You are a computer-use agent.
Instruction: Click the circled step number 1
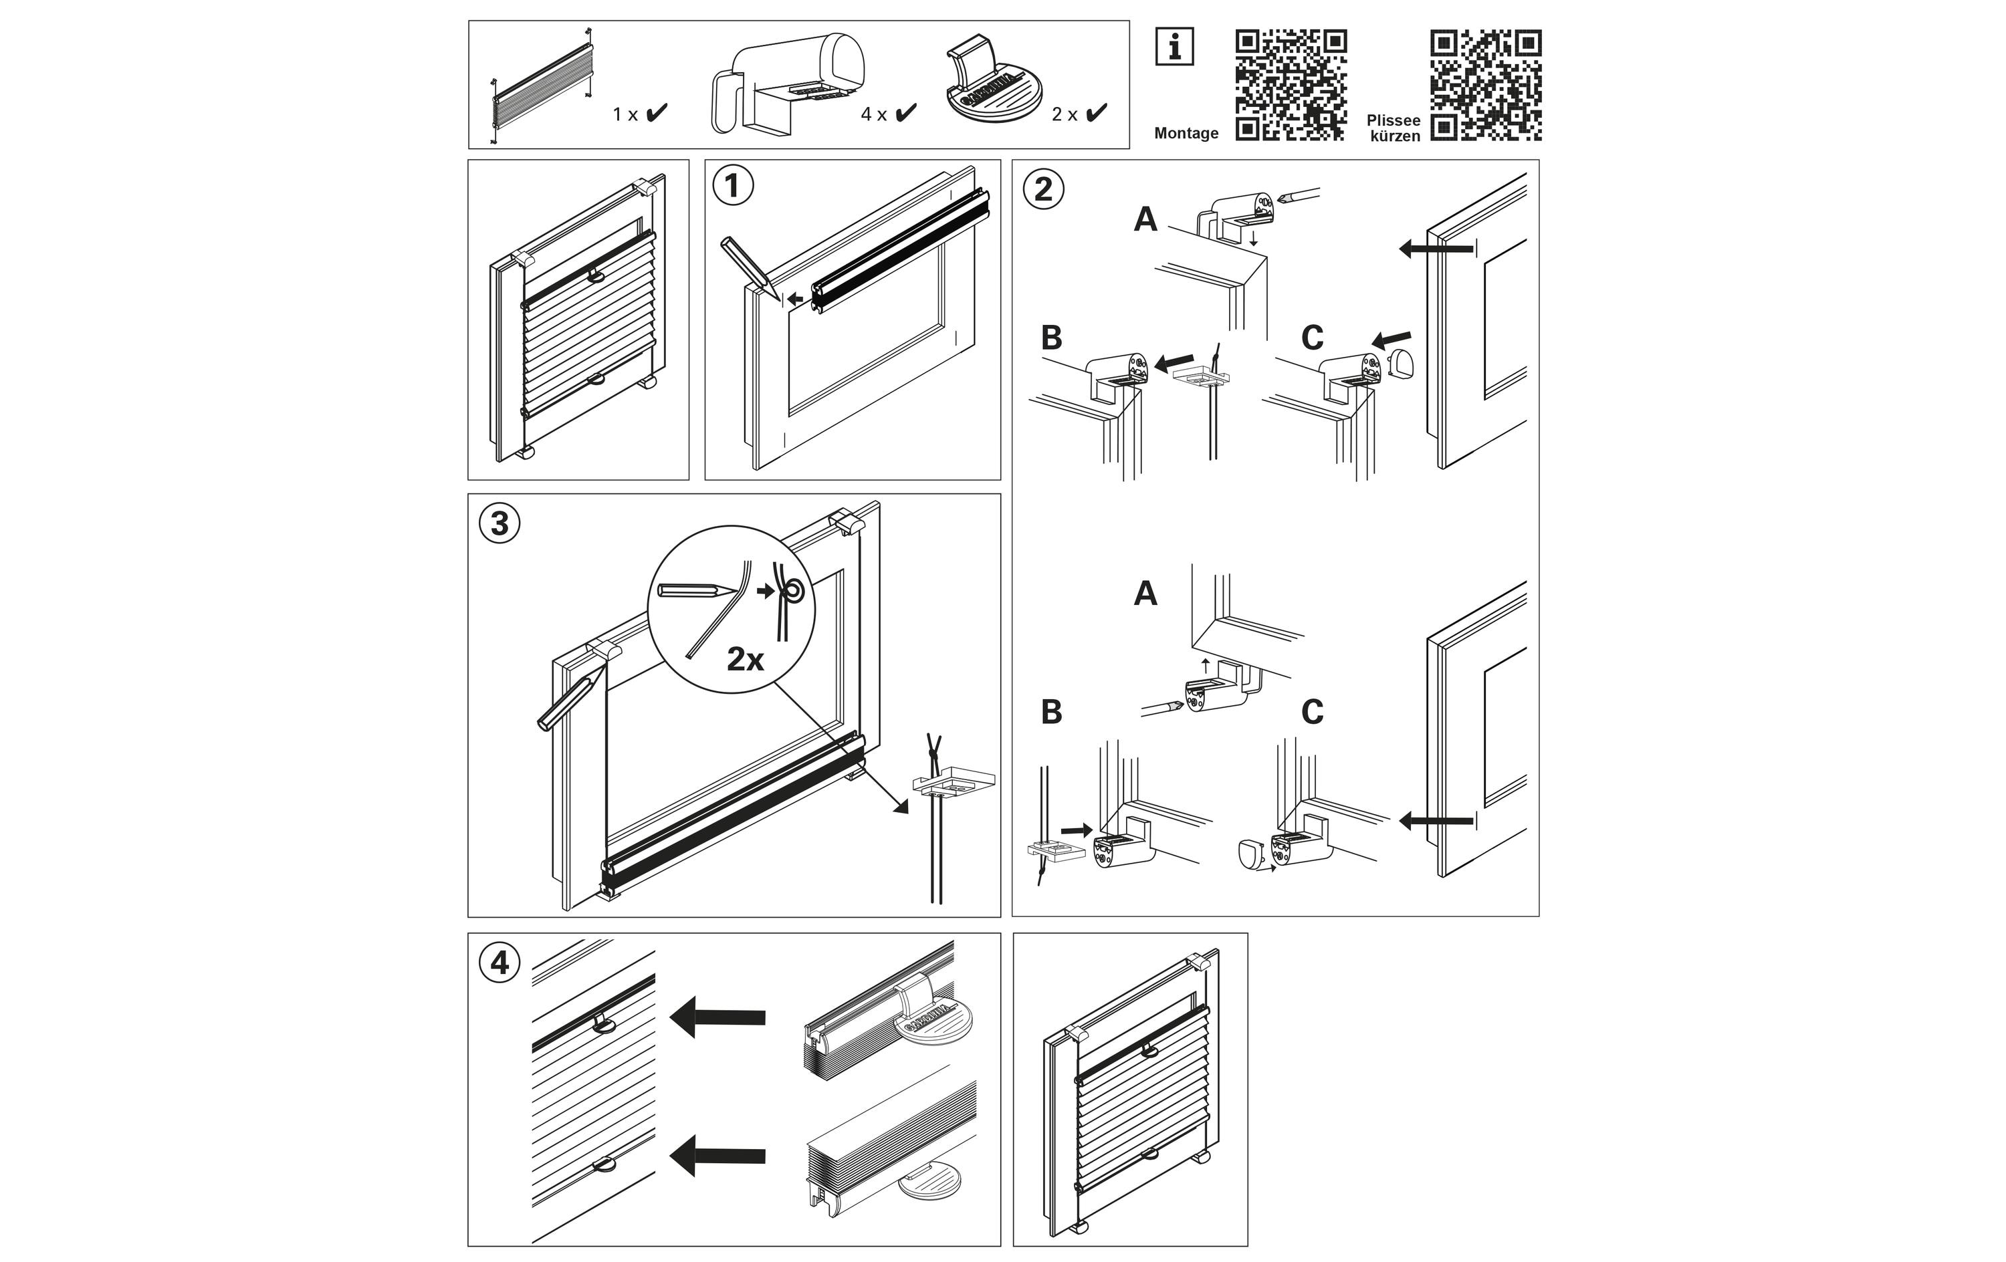[x=733, y=186]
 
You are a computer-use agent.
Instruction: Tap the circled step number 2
[x=1043, y=190]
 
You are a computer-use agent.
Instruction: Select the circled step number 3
[x=499, y=524]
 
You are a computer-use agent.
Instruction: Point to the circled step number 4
[x=499, y=963]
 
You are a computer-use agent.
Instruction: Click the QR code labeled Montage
[x=1291, y=85]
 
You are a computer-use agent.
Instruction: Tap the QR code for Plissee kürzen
[x=1485, y=85]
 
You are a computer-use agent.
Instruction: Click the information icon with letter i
[x=1175, y=47]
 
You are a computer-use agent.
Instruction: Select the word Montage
[x=1186, y=133]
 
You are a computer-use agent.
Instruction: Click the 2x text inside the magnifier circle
[x=745, y=660]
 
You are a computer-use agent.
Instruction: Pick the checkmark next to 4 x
[x=905, y=112]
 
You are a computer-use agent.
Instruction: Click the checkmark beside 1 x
[x=657, y=112]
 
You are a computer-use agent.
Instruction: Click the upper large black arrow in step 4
[x=717, y=1017]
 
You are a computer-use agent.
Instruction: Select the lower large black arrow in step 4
[x=717, y=1155]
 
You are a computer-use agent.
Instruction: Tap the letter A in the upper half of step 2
[x=1145, y=220]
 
